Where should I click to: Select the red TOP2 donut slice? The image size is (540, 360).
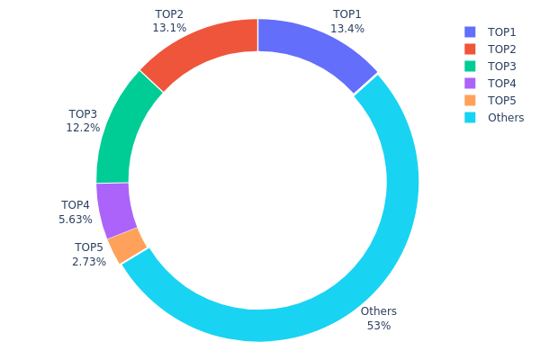click(x=202, y=49)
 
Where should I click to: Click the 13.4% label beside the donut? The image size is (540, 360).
click(x=347, y=28)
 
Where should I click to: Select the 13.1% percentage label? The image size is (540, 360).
click(x=169, y=28)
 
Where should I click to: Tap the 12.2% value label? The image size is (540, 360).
click(x=83, y=128)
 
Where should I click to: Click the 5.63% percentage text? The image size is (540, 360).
click(x=76, y=219)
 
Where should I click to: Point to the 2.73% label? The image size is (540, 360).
click(x=89, y=261)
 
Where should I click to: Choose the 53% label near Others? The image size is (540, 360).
click(x=378, y=325)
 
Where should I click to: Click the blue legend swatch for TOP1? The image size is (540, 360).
click(x=471, y=31)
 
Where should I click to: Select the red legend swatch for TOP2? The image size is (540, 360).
click(x=471, y=49)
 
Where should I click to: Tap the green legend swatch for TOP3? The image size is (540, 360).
click(x=471, y=66)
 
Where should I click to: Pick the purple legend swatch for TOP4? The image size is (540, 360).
click(x=471, y=83)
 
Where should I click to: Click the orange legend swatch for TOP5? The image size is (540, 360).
click(x=471, y=100)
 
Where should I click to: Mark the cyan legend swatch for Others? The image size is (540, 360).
click(x=471, y=117)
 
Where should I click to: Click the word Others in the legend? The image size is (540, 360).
click(x=506, y=117)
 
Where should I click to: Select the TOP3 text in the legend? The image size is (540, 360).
click(x=502, y=66)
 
